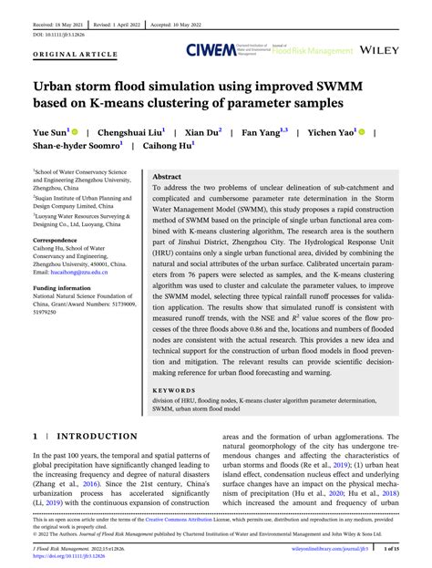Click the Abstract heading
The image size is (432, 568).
coord(168,176)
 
